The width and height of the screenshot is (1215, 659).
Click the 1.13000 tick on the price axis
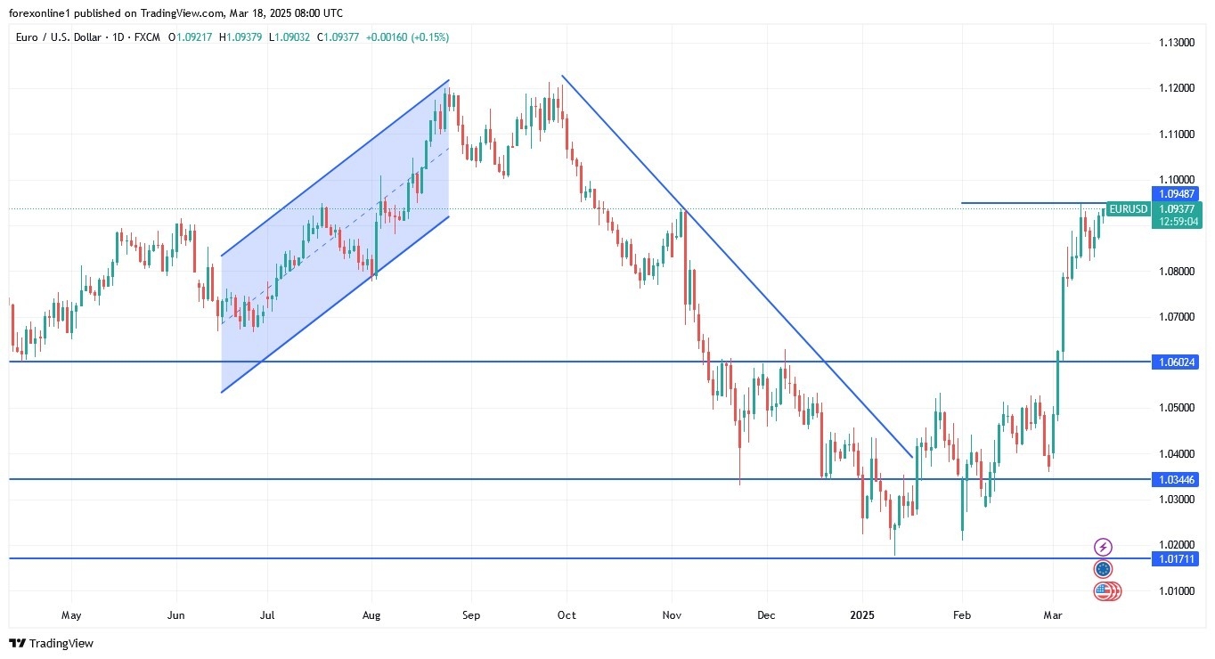(1176, 43)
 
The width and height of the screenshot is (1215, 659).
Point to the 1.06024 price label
(1176, 362)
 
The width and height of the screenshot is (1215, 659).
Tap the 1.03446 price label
(1176, 479)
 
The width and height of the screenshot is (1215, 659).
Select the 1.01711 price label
(1176, 558)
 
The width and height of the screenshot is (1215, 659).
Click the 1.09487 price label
(1176, 193)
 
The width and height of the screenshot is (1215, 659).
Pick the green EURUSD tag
(1128, 209)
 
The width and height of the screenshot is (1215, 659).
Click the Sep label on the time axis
(471, 614)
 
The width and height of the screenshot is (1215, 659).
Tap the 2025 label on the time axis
(862, 614)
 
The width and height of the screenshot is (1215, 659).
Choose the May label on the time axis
(71, 614)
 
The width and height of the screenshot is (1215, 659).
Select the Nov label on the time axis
(673, 614)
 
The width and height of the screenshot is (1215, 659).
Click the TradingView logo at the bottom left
(51, 643)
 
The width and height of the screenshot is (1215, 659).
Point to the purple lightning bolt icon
(1104, 547)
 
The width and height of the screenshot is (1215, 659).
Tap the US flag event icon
(1106, 590)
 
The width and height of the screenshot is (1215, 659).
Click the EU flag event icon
(1104, 569)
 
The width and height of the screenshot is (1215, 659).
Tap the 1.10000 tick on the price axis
(1176, 179)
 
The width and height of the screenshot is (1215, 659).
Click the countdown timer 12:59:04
(1176, 222)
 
